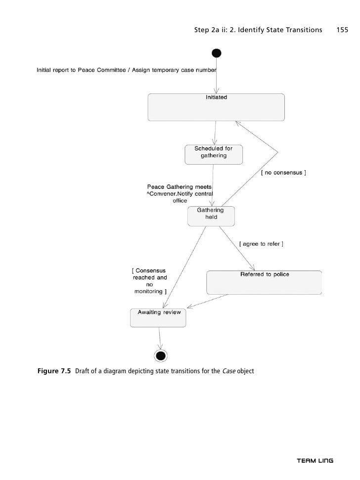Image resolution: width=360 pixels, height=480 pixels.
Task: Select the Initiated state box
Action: point(216,107)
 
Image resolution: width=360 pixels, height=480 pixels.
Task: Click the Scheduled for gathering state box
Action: point(214,154)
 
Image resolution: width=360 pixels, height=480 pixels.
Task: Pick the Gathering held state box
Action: point(211,216)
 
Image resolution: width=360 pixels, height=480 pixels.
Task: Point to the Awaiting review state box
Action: point(158,317)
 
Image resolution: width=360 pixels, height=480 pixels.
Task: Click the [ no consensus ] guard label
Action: point(283,173)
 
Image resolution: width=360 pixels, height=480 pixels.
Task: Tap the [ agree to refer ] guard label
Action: point(261,244)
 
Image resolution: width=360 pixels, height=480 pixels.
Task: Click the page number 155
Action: point(342,30)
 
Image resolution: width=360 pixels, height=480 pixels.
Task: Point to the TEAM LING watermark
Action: point(315,461)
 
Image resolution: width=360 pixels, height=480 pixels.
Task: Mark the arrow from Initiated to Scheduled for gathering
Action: point(215,132)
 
